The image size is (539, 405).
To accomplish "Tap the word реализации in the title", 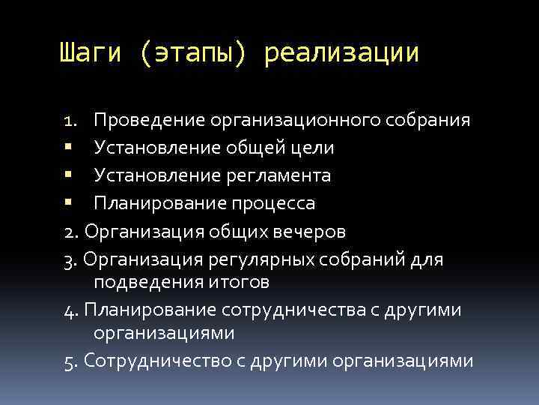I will click(x=341, y=54).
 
